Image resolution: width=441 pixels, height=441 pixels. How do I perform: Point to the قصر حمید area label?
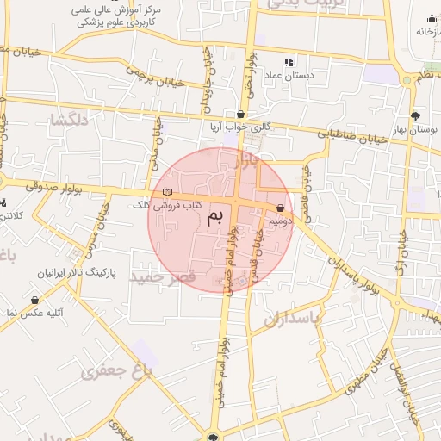(163, 277)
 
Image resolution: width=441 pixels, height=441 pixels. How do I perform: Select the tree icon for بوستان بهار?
(416, 115)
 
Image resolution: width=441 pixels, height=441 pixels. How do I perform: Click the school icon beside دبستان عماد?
(289, 62)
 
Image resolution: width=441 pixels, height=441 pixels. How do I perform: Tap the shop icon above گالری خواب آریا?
(240, 114)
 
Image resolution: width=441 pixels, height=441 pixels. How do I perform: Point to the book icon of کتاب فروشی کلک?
(167, 192)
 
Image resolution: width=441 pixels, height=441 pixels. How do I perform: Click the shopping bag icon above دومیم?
(282, 208)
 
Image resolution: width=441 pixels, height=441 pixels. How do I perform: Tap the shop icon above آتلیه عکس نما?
(34, 300)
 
